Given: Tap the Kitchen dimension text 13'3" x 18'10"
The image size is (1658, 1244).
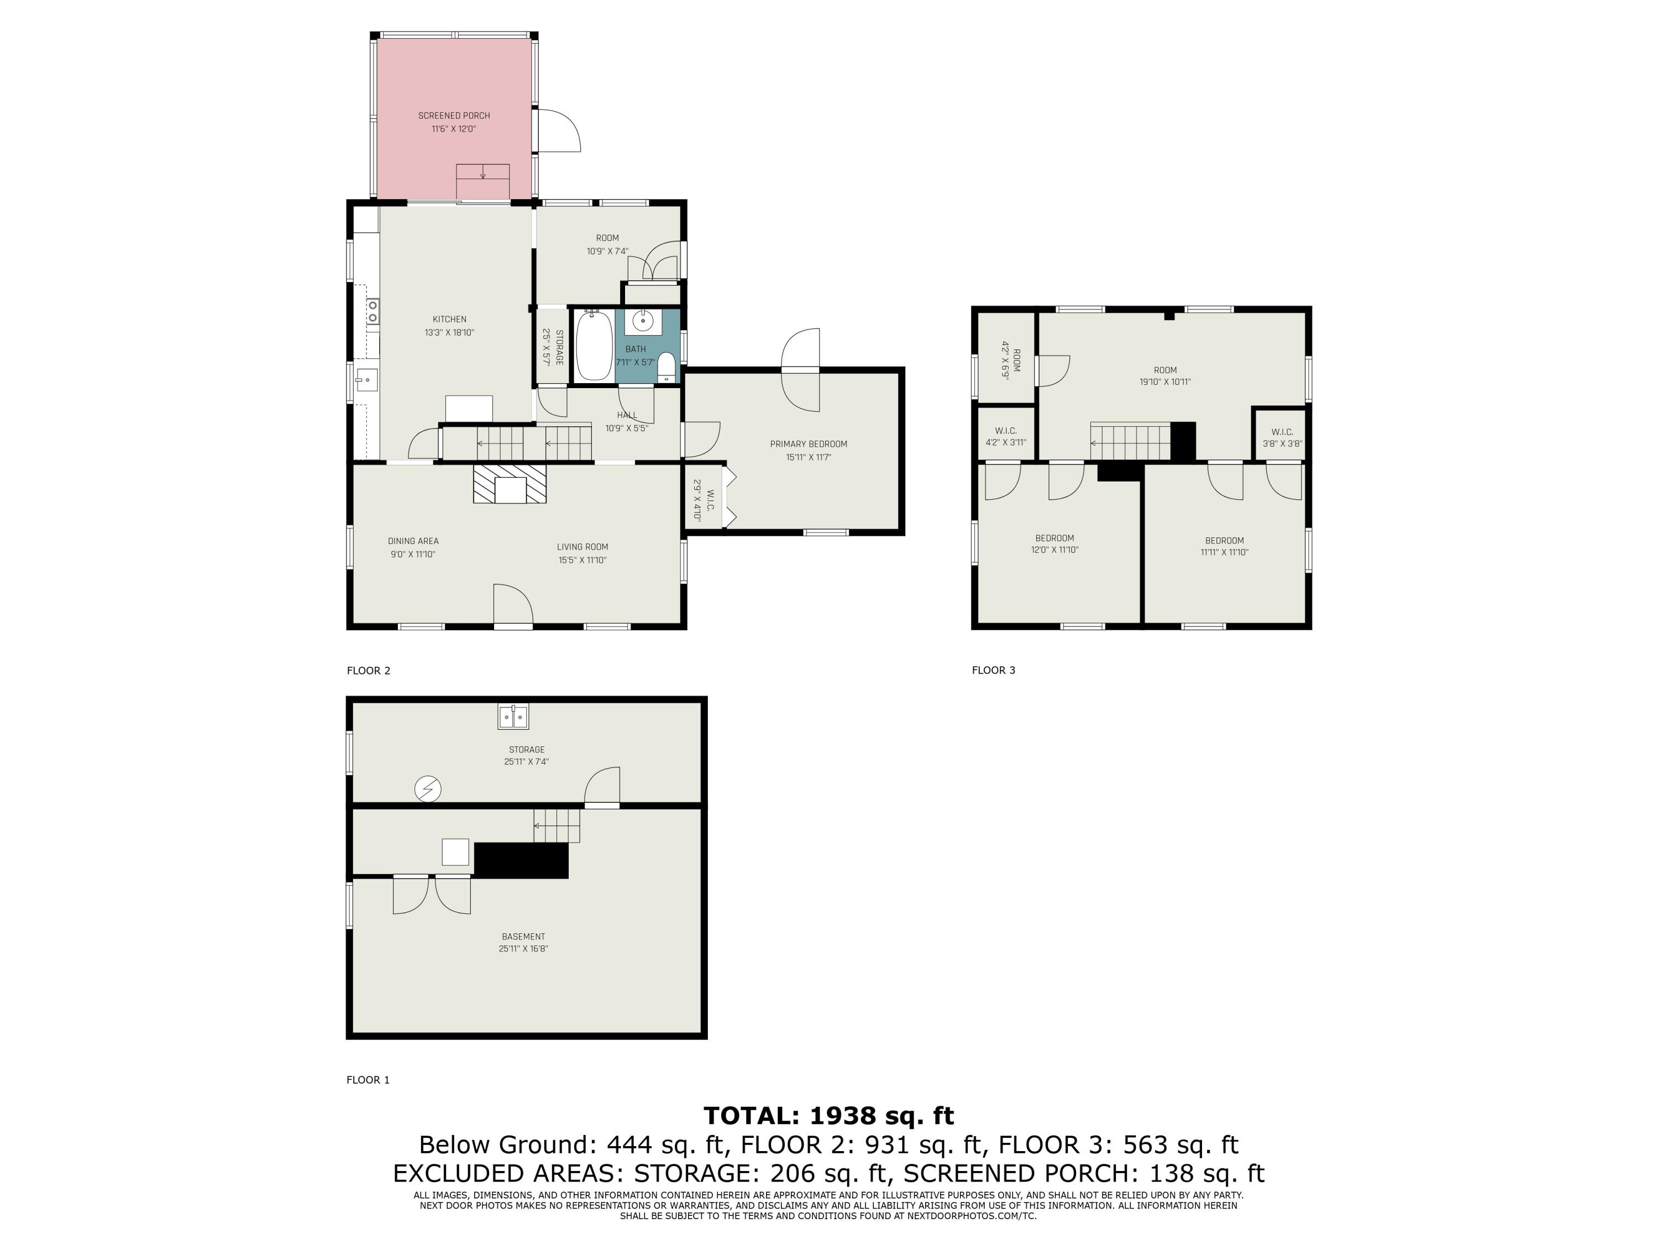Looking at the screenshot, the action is pos(450,332).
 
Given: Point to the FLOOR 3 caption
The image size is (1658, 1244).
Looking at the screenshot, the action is pos(993,670).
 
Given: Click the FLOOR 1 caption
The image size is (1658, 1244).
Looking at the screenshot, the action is pos(368,1080).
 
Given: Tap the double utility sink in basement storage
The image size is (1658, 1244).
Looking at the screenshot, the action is pos(513,717).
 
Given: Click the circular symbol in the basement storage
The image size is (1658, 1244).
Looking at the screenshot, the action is pos(428,789).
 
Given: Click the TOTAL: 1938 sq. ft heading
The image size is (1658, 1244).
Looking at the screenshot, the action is pos(828,1116).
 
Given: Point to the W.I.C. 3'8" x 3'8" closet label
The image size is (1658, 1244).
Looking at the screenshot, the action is pos(1283,437).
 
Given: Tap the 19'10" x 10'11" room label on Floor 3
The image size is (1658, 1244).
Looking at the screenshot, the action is pos(1165,375).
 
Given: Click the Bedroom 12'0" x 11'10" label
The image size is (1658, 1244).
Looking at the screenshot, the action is pos(1054,543).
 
